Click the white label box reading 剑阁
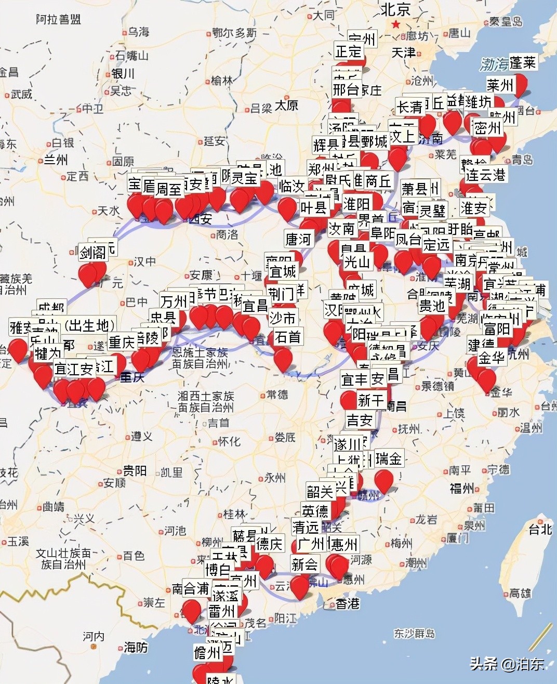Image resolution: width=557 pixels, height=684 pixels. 92,253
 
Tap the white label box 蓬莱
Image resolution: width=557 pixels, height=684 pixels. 522,62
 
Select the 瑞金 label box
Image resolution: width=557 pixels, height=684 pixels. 388,458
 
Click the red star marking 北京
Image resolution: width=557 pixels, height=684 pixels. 396,24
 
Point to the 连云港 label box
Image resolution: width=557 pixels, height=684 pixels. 485,175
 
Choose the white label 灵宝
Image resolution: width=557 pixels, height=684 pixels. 244,178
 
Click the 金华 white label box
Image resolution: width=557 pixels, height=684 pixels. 492,358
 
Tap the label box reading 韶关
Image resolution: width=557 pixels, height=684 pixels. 320,491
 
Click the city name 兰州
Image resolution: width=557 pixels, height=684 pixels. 56,159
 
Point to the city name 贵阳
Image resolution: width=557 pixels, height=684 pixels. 134,471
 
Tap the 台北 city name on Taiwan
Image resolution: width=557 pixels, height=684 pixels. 540,529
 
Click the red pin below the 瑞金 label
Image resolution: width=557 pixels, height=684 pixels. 383,481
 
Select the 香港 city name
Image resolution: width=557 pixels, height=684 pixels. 348,603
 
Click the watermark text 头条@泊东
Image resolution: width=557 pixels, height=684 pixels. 507,664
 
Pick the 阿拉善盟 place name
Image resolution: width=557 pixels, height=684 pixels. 58,20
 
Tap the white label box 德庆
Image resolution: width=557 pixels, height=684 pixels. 269,544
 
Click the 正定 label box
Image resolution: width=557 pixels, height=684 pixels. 348,51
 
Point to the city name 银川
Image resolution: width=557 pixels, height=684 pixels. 123,73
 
